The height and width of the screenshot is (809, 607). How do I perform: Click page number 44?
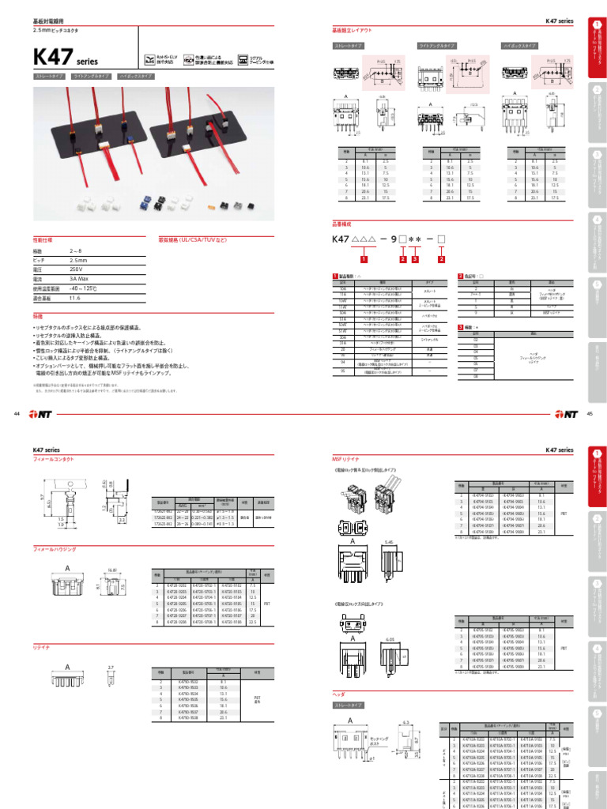[17, 413]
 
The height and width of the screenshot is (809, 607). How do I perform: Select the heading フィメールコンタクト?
[51, 458]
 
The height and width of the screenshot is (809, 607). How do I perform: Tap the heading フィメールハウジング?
[51, 547]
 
